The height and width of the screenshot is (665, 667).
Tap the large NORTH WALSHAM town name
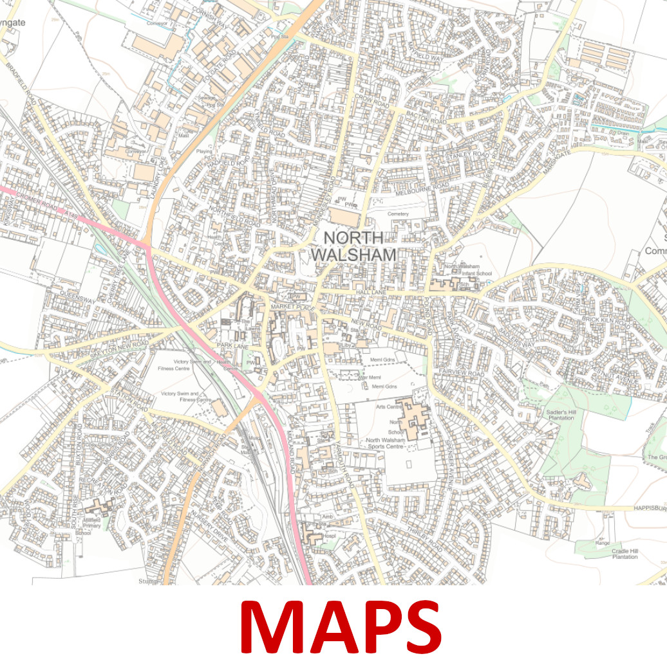point(353,246)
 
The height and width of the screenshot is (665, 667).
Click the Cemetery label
point(399,214)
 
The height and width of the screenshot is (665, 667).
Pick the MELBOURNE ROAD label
point(423,187)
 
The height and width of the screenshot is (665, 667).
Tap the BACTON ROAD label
point(425,119)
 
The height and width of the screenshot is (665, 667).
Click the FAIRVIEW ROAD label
point(462,373)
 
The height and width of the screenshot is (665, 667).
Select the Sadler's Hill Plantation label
point(560,414)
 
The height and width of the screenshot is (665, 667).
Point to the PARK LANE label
point(232,345)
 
